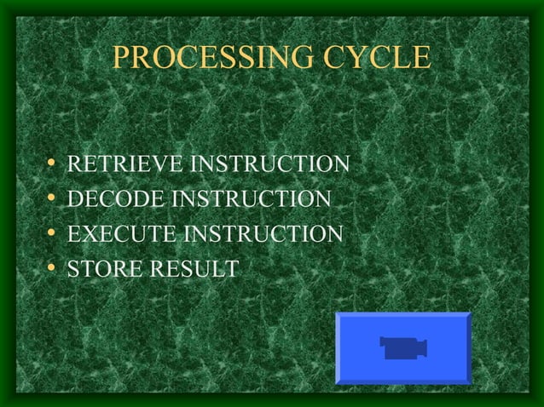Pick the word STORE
coord(98,270)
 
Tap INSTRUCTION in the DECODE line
coord(252,198)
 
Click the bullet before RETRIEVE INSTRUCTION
coord(54,163)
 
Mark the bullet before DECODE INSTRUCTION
coord(54,198)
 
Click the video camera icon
coord(402,347)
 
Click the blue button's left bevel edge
coord(339,347)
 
